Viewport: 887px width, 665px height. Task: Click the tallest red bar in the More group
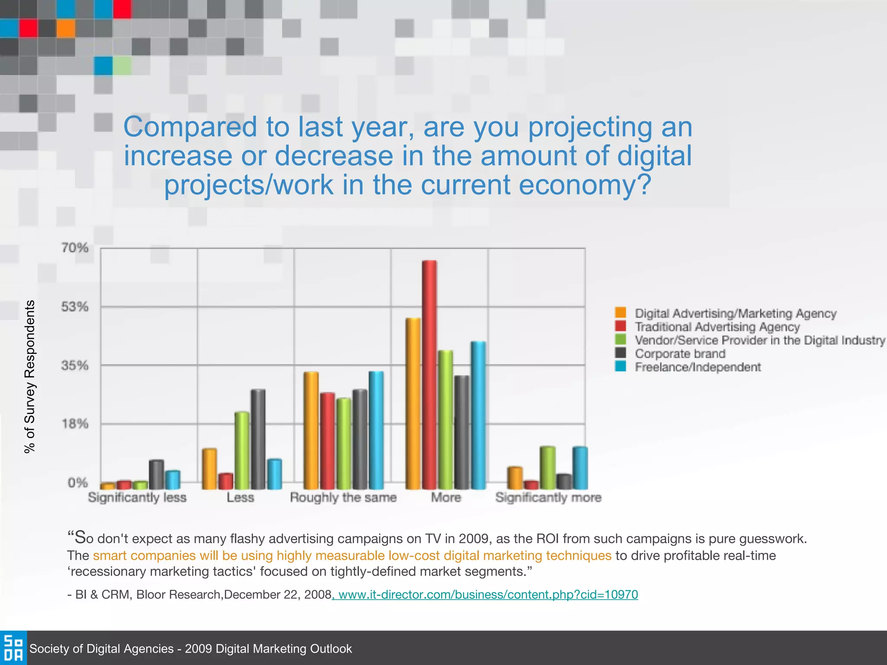429,374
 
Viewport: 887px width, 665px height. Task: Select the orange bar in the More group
413,404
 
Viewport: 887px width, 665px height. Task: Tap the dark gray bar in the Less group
258,439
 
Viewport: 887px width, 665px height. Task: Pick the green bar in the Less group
242,450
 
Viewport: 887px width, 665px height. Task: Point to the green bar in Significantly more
547,468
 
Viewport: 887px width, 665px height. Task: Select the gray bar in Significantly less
156,475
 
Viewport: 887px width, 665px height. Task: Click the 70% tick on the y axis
74,248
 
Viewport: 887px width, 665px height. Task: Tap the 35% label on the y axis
74,365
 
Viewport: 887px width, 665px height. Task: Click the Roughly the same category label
343,497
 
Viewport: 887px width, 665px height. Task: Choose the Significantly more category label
548,497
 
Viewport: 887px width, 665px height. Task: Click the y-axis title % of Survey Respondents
29,376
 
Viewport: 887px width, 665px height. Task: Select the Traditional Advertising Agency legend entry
717,327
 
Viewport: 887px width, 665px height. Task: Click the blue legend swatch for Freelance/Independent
620,366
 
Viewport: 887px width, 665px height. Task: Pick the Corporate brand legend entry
680,354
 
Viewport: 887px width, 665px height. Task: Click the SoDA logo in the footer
13,648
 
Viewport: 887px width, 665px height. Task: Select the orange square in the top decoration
65,29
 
